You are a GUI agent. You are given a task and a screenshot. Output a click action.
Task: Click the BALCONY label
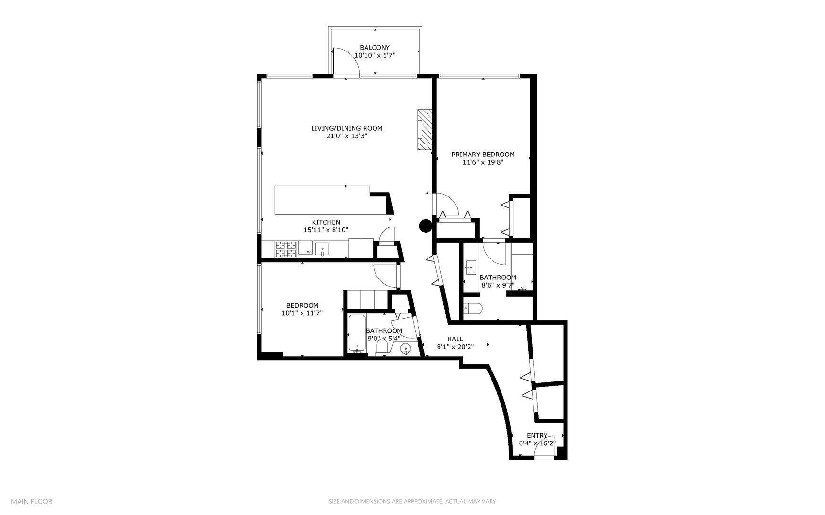375,48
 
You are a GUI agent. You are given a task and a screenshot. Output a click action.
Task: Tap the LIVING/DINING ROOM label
346,128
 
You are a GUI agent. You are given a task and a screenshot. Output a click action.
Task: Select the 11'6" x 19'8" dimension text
483,162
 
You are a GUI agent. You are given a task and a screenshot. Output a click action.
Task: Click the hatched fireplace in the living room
424,130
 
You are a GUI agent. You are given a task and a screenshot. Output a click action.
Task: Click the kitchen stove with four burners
285,249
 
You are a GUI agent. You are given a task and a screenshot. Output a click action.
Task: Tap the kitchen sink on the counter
323,249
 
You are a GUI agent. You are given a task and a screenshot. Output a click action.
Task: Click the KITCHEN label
326,222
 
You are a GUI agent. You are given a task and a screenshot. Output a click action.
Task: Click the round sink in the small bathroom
406,349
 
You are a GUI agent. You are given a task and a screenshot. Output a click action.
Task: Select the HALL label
455,339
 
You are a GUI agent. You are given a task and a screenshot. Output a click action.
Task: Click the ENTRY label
537,435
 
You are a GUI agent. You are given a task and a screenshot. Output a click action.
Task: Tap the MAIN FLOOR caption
31,501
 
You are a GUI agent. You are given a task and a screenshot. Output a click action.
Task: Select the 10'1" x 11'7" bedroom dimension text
302,313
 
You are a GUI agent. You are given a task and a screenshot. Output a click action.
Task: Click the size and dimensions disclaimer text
412,501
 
